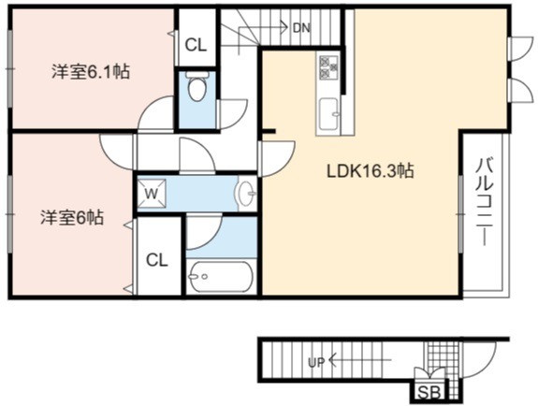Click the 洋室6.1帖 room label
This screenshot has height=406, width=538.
pos(91,72)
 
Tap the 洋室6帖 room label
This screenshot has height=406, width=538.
pos(72,217)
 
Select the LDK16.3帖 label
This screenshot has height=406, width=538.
pos(371,171)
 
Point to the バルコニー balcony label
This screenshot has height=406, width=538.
pos(485,202)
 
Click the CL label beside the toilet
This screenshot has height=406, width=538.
pos(196,45)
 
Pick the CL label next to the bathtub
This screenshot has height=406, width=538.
pos(157,260)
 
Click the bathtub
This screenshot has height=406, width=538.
pos(222,277)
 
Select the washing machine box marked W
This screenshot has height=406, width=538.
pos(152,194)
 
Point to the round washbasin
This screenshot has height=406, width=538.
pos(246,194)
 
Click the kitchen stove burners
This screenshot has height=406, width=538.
pos(328,67)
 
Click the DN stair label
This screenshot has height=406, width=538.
pos(302,28)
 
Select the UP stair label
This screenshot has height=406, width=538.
pos(316,363)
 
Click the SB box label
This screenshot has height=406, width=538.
pos(429,392)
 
